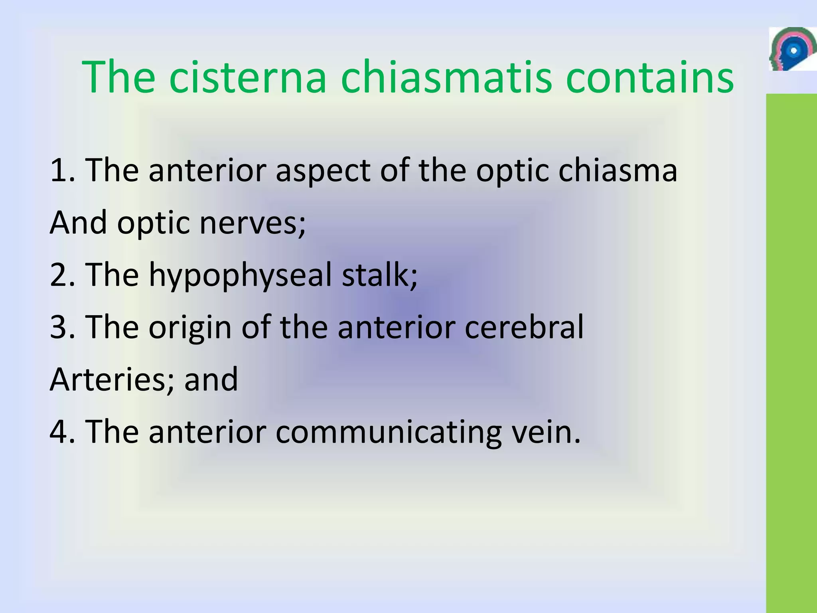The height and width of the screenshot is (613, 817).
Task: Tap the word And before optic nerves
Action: click(x=79, y=223)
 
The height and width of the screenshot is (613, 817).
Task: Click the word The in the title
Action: click(x=118, y=77)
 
